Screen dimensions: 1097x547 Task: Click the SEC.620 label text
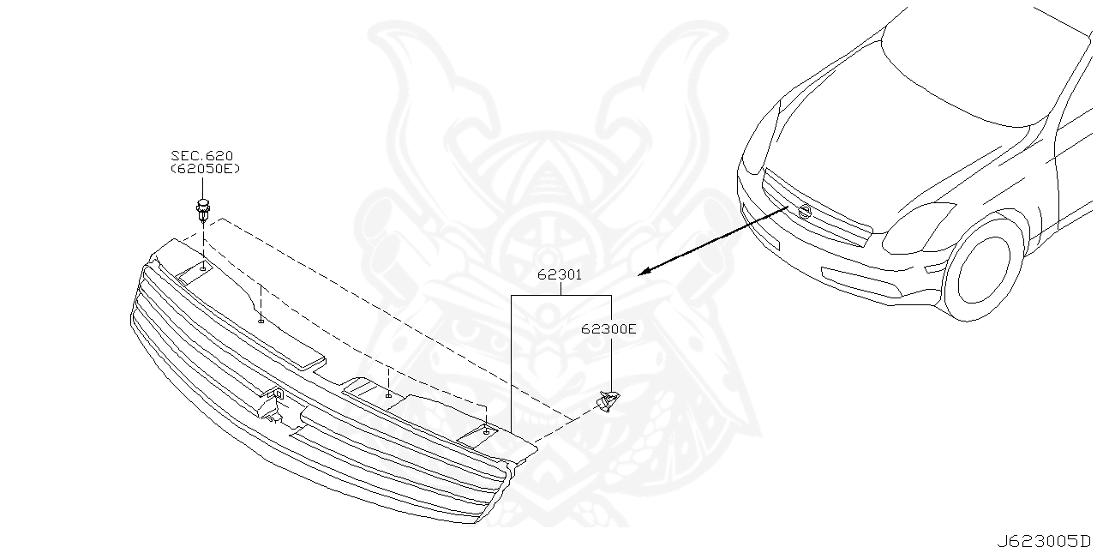click(x=201, y=155)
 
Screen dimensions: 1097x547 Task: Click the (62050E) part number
click(x=205, y=169)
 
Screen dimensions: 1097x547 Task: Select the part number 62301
click(x=560, y=275)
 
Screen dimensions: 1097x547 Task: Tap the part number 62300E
click(x=608, y=328)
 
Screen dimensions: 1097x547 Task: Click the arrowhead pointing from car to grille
click(x=644, y=273)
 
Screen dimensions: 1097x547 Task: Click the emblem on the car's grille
click(x=805, y=212)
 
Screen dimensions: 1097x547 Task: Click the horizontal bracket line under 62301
click(x=560, y=296)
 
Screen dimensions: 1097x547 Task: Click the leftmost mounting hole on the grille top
click(x=203, y=269)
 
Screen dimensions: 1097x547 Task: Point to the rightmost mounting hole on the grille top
click(x=486, y=432)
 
